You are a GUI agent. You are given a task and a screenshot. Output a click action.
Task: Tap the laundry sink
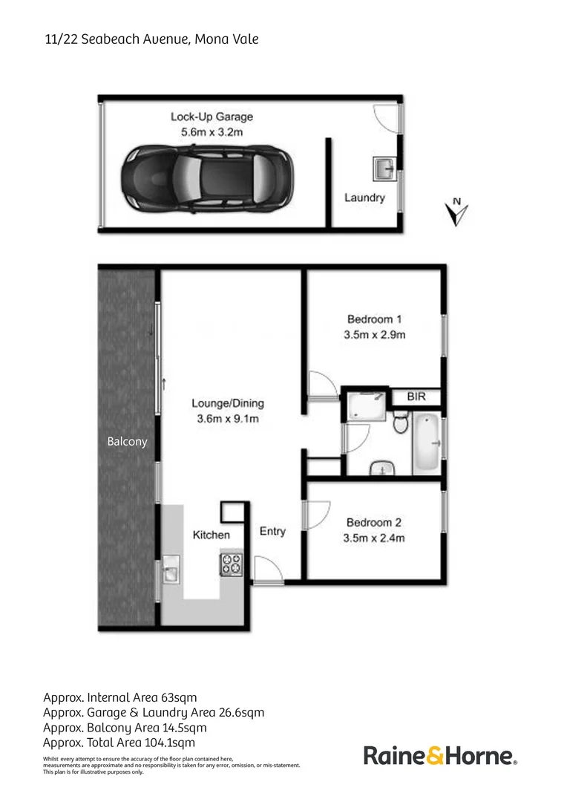(x=384, y=169)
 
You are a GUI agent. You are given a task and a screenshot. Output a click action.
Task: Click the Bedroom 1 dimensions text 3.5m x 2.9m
(x=374, y=335)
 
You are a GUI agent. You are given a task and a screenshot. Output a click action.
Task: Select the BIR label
(x=416, y=397)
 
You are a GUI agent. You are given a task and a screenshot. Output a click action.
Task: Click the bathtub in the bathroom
(x=427, y=444)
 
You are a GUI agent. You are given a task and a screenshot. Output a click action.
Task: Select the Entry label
(x=272, y=531)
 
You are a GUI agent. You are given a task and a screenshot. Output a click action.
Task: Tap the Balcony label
(x=128, y=441)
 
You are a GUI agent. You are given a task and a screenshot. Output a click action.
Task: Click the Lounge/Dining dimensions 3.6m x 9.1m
(x=228, y=419)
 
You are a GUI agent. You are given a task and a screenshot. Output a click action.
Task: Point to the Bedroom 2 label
(x=374, y=523)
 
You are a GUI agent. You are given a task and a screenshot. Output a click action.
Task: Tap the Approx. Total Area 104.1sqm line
(x=119, y=742)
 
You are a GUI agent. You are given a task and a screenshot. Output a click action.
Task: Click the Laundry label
(x=364, y=198)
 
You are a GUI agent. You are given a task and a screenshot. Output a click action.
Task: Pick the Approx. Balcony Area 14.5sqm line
(x=125, y=727)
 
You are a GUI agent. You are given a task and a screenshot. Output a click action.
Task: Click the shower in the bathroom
(x=365, y=405)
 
